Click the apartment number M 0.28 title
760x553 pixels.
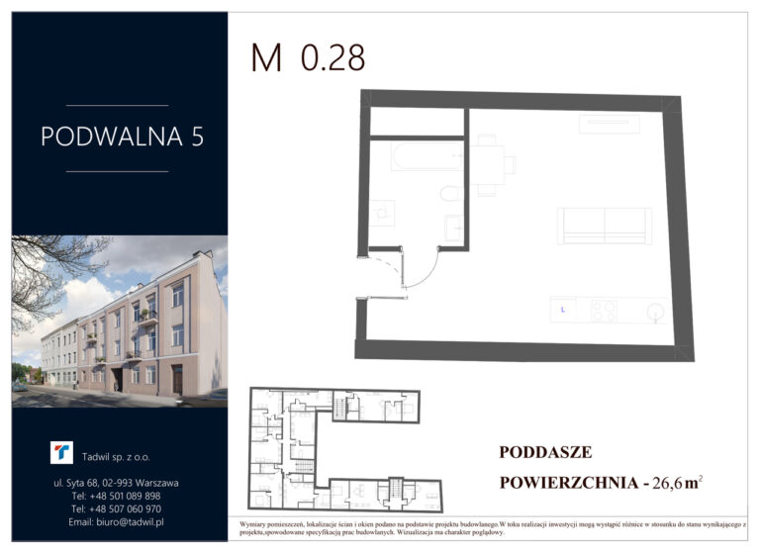(308, 57)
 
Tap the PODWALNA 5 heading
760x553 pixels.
(122, 137)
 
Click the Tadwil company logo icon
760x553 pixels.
(61, 452)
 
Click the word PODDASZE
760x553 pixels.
(545, 452)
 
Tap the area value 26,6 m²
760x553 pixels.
(678, 483)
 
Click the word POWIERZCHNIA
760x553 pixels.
(569, 483)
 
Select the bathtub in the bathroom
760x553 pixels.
(427, 155)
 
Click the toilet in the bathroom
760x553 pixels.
(451, 193)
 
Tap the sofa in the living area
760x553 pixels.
(605, 226)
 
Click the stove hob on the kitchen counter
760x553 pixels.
(604, 312)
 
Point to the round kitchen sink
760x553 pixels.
(656, 311)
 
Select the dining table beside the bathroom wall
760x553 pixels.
(488, 165)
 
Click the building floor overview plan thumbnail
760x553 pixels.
(345, 449)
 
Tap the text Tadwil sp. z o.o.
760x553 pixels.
(116, 457)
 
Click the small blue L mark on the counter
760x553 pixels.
(563, 310)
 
